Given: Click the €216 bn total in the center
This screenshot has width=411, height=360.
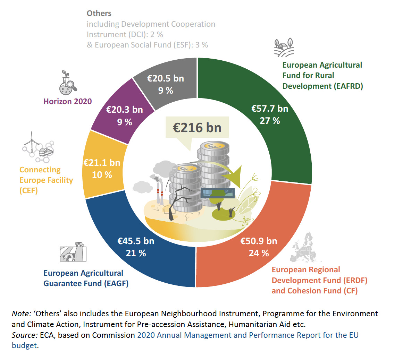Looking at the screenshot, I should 197,128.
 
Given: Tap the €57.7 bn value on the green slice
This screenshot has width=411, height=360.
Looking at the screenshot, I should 270,109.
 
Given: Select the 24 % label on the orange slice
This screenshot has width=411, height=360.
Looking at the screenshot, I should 259,253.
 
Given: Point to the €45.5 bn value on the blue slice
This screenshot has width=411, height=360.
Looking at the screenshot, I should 136,241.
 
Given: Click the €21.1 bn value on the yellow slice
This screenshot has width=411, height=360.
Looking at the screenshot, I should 102,163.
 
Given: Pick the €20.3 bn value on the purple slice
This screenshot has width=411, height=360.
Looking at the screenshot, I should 124,110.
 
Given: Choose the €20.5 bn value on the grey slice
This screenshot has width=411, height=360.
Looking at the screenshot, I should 166,78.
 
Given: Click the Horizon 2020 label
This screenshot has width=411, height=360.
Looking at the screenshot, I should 68,101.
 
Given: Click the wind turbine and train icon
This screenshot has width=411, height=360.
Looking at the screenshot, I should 38,147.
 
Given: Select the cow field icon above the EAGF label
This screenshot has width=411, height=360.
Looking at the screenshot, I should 73,252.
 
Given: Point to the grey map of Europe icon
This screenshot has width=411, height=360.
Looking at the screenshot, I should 306,248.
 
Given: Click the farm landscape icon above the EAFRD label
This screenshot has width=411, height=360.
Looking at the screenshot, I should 284,48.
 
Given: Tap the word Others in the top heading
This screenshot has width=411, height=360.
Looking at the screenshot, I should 99,13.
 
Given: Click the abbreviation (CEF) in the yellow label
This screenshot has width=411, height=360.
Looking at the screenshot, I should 28,190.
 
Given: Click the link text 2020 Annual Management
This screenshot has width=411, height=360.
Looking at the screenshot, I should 184,335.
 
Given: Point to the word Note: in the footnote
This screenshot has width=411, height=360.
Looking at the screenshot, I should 22,314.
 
